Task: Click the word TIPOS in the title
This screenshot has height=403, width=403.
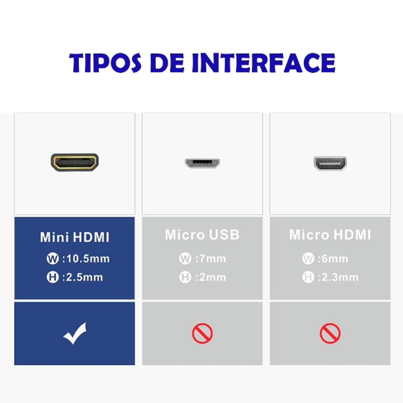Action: tap(105, 63)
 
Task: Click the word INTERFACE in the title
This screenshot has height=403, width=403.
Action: tap(263, 63)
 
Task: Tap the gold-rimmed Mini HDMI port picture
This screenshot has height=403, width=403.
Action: tap(75, 162)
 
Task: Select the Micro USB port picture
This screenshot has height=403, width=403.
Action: tap(202, 163)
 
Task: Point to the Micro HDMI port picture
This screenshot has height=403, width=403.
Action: tap(330, 163)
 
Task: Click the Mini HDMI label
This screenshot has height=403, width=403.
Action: tap(75, 237)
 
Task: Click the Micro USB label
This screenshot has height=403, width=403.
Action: tap(202, 235)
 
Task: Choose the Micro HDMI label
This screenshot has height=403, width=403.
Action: tap(330, 235)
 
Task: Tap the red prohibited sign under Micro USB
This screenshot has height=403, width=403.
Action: tap(202, 333)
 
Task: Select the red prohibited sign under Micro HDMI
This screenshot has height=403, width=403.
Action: tap(330, 333)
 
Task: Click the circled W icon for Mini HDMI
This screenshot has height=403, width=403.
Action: tap(52, 259)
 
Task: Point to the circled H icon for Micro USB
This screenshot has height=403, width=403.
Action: tap(185, 277)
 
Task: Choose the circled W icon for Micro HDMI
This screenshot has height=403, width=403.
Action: tap(308, 259)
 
